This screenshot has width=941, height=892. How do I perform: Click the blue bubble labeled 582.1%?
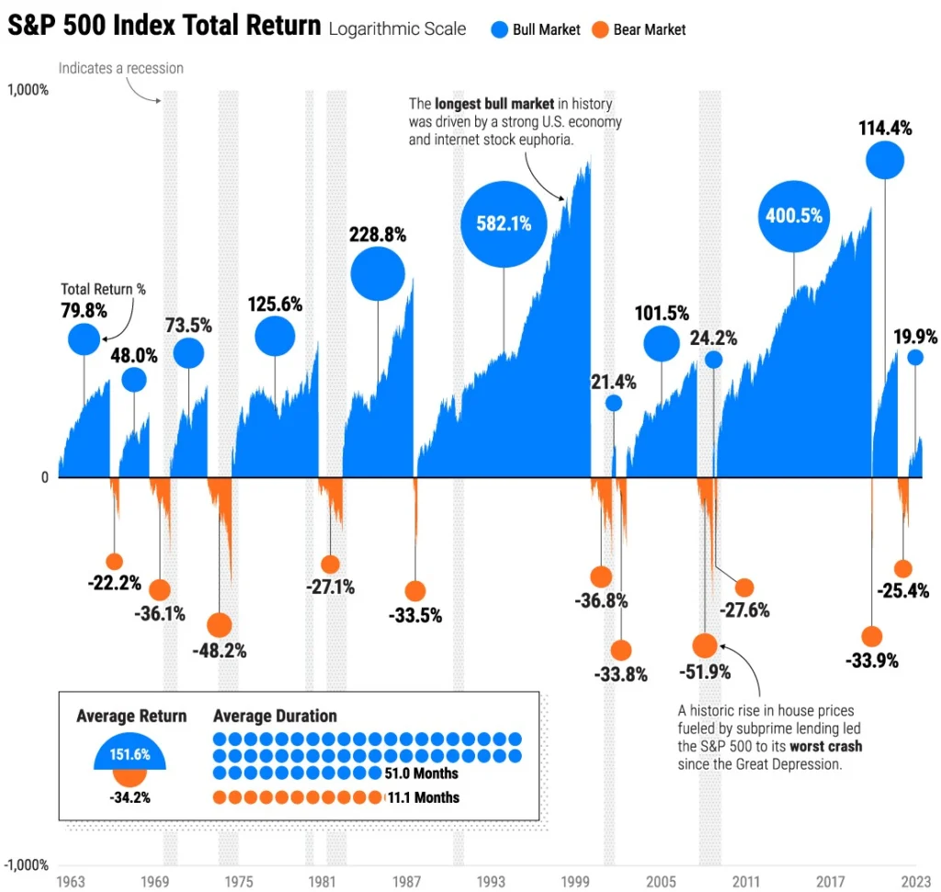[x=504, y=223]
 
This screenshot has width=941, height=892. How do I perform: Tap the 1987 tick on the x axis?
[x=407, y=881]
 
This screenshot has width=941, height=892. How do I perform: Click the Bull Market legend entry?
[x=537, y=29]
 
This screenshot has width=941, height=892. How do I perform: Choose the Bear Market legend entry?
[x=640, y=29]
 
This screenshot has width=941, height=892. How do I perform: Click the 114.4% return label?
[x=885, y=128]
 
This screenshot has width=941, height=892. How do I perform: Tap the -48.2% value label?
[x=219, y=650]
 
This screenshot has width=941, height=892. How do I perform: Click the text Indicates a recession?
[x=121, y=68]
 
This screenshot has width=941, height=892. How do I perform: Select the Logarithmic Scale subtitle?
[x=397, y=29]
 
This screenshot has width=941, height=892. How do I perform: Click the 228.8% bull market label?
[x=378, y=234]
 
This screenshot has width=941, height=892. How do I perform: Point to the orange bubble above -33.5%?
[x=415, y=591]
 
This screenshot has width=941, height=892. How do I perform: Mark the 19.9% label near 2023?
[x=915, y=337]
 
